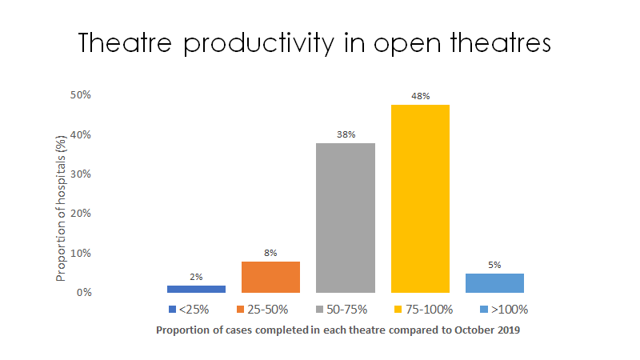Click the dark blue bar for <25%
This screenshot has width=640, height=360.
click(x=196, y=289)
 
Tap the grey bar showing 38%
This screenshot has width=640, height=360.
click(x=346, y=218)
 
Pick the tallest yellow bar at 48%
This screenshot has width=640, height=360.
click(x=420, y=198)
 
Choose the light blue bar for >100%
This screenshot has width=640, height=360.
click(x=494, y=283)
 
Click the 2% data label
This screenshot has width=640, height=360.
click(x=196, y=277)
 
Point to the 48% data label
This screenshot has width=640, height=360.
click(x=420, y=96)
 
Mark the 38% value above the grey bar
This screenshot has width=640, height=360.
click(x=346, y=134)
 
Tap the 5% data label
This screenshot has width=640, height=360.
click(x=494, y=265)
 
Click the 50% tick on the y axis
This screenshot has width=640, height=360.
click(x=82, y=95)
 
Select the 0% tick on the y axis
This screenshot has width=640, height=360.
click(x=84, y=293)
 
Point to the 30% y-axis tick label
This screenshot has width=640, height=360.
click(x=82, y=174)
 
